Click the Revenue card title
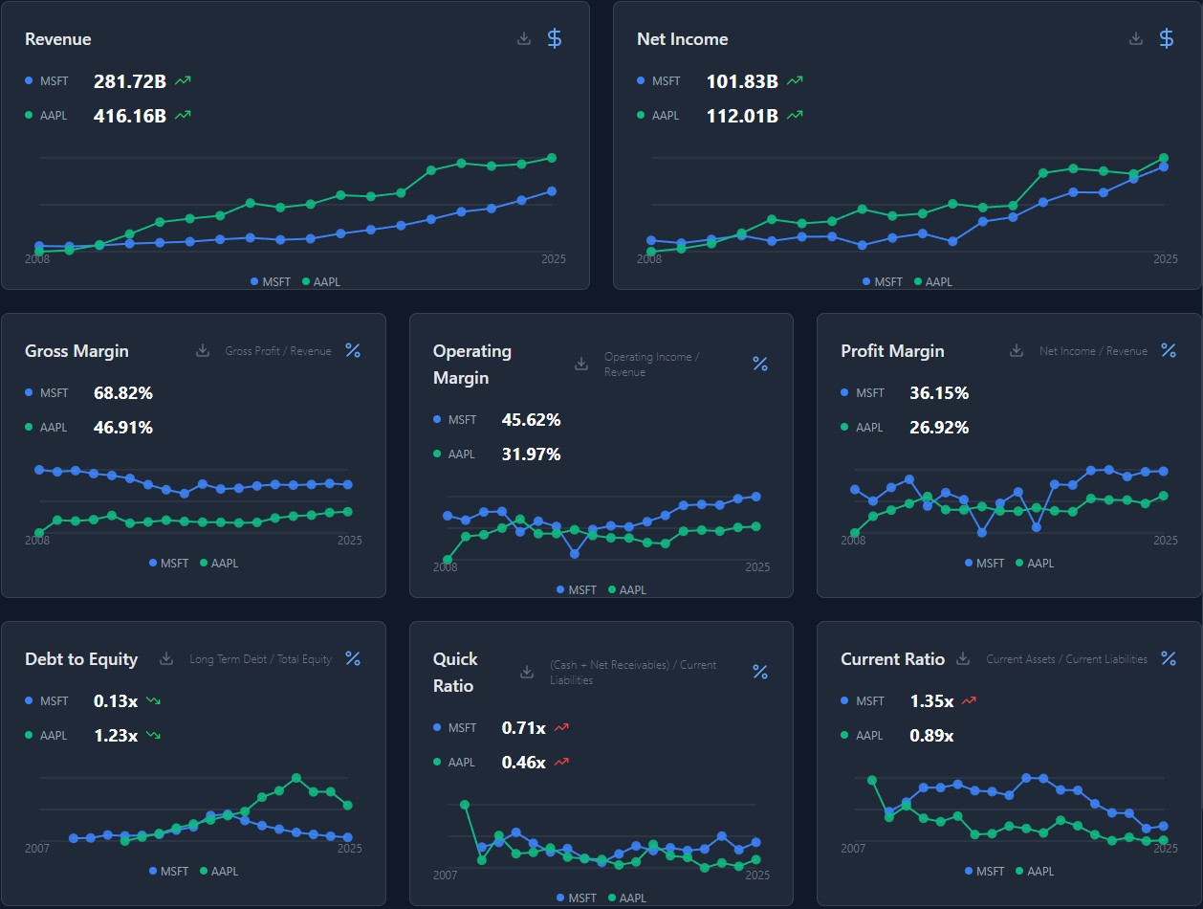click(x=58, y=39)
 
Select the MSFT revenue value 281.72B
click(x=130, y=81)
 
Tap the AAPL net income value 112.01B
click(x=742, y=116)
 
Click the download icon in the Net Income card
click(x=1136, y=38)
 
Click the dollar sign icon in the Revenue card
click(x=555, y=38)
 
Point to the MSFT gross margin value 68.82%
click(x=123, y=393)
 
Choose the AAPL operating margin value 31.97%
click(x=531, y=454)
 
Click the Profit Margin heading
click(x=892, y=351)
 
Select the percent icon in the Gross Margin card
click(x=353, y=350)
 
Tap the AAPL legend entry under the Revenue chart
click(x=321, y=282)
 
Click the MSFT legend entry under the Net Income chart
click(x=883, y=282)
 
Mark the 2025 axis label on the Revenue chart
click(x=554, y=258)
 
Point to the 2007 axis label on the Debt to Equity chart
click(x=37, y=848)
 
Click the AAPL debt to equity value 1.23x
click(x=116, y=735)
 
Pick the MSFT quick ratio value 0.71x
click(x=523, y=727)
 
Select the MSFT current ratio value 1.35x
click(x=931, y=700)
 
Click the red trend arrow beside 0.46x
click(x=561, y=762)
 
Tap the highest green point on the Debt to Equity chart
click(x=296, y=778)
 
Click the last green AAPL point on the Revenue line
click(x=552, y=158)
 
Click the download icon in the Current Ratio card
click(x=963, y=658)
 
